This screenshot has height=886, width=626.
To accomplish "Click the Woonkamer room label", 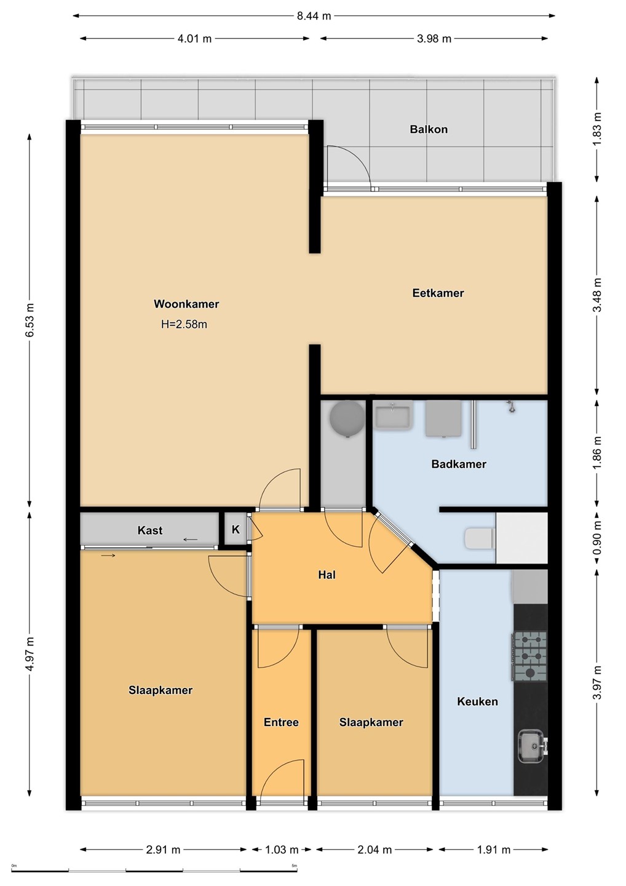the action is pyautogui.click(x=186, y=304).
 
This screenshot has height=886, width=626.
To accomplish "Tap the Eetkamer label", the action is pyautogui.click(x=438, y=293).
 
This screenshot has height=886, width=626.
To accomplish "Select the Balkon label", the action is pyautogui.click(x=429, y=129).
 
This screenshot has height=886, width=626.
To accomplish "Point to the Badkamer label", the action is pyautogui.click(x=459, y=463).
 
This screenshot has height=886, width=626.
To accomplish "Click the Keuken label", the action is pyautogui.click(x=477, y=701).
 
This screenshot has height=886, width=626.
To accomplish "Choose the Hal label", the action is pyautogui.click(x=327, y=574).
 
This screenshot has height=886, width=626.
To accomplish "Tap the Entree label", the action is pyautogui.click(x=281, y=722).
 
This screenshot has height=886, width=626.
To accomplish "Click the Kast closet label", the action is pyautogui.click(x=150, y=530).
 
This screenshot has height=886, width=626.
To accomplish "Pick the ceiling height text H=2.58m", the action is pyautogui.click(x=184, y=324).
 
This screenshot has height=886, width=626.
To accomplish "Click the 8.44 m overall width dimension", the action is pyautogui.click(x=314, y=16).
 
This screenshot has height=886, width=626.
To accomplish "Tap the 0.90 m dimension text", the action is pyautogui.click(x=597, y=537).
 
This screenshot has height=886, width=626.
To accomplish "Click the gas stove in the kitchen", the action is pyautogui.click(x=529, y=656).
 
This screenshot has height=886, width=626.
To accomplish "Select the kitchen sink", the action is pyautogui.click(x=533, y=746).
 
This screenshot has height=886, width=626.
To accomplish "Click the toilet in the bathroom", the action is pyautogui.click(x=480, y=538).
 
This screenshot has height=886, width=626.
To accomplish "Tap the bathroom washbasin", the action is pyautogui.click(x=394, y=415).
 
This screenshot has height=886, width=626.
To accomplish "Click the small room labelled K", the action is pyautogui.click(x=236, y=529).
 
